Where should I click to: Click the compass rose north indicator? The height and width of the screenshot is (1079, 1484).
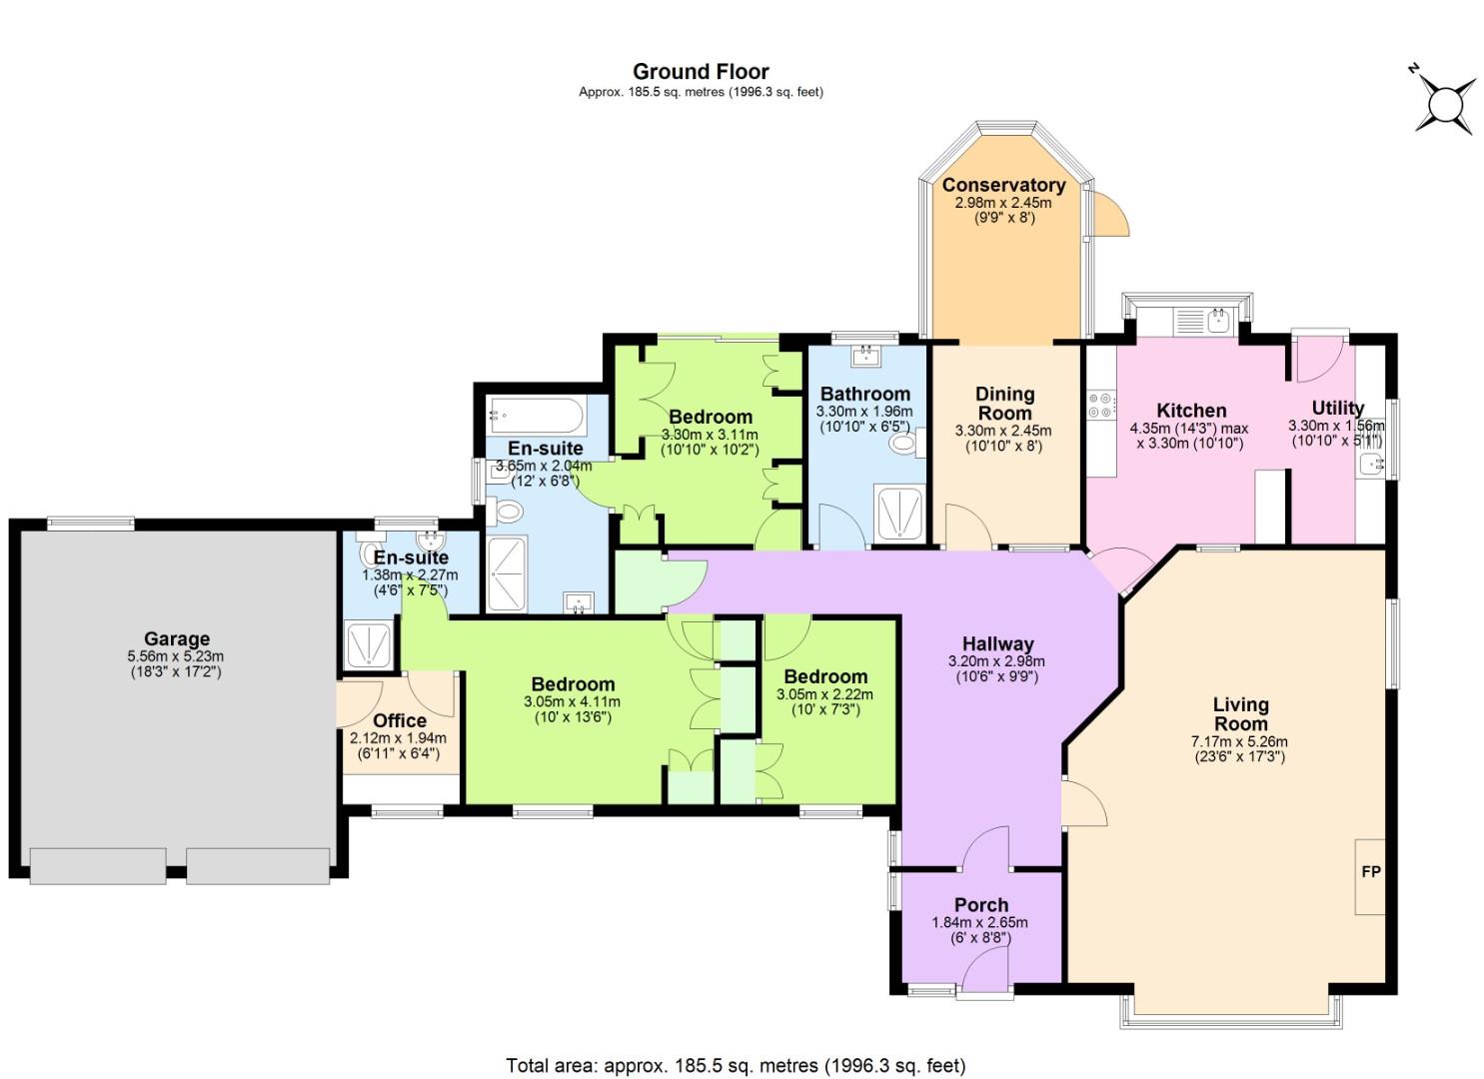coord(1445,104)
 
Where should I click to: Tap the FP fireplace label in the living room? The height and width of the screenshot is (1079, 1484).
coord(1370,872)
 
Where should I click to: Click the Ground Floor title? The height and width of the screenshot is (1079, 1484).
coord(701,72)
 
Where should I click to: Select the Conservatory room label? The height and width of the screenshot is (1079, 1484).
coord(1003,185)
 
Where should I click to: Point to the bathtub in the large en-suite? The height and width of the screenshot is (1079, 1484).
coord(534,415)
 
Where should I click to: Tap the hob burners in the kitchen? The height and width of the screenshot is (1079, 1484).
coord(1100,406)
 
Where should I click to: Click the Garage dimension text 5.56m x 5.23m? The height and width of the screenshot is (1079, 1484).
coord(176,656)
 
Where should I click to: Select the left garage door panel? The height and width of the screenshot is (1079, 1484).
coord(98,865)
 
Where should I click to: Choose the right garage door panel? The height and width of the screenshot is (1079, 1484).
coord(258,865)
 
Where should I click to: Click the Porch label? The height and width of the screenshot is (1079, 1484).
coord(980,905)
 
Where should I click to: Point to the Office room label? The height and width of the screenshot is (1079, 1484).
coord(400,720)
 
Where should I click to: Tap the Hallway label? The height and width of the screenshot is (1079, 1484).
coord(997,643)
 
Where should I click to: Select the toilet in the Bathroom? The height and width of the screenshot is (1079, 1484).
coord(906,443)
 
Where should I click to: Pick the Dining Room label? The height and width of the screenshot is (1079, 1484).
coord(1004,403)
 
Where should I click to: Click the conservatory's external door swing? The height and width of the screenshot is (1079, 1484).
coord(1109,215)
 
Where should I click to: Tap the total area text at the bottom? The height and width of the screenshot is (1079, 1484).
coord(736,1065)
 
